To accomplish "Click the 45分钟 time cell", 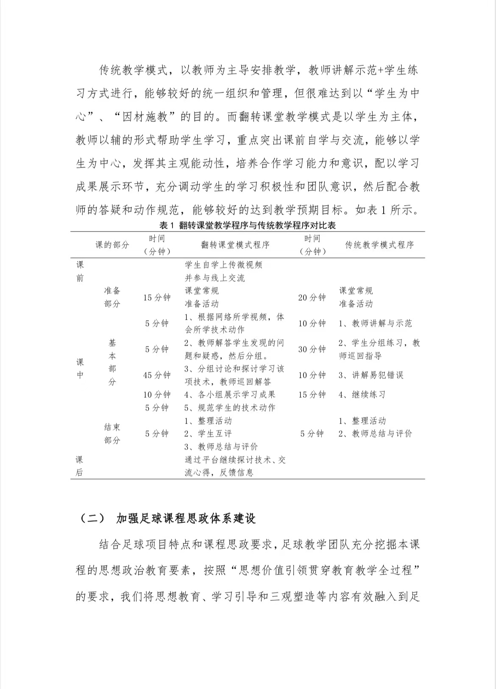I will click(157, 375).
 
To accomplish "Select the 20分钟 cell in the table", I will click(312, 298).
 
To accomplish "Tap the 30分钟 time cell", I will click(312, 349).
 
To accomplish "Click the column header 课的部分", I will click(112, 245).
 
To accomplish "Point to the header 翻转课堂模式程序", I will click(235, 245).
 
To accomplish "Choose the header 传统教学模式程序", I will click(379, 245).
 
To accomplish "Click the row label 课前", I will click(80, 271).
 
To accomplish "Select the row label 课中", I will click(80, 368).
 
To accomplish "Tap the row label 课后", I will click(80, 466).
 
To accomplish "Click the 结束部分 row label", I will click(112, 434).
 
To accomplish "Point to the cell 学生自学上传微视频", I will click(223, 265).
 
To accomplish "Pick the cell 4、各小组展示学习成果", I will click(230, 395).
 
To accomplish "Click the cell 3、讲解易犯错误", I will click(371, 375).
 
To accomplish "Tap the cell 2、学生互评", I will click(208, 434).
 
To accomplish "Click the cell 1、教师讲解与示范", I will click(375, 324).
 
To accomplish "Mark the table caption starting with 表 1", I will click(248, 225).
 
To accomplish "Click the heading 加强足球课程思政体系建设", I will click(186, 518).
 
